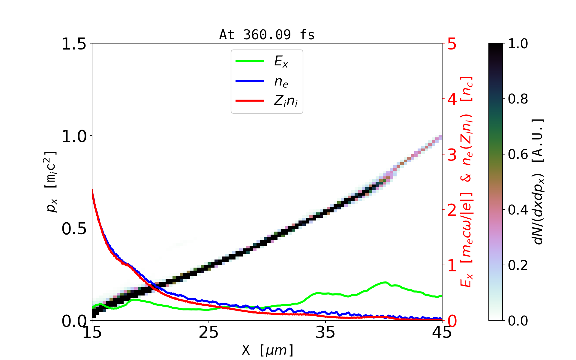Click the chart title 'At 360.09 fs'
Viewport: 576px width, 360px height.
pos(267,35)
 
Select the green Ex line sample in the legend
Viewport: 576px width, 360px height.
pos(250,61)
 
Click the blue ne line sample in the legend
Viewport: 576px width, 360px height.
pos(250,81)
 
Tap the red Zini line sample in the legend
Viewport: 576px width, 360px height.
pos(250,101)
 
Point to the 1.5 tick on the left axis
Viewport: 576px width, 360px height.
pos(73,44)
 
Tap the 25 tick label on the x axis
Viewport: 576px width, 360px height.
pos(208,332)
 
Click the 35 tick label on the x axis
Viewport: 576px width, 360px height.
pos(325,332)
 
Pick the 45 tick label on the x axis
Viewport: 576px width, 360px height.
pos(442,332)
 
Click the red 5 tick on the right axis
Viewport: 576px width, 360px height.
pos(452,44)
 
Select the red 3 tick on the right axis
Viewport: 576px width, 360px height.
pos(452,154)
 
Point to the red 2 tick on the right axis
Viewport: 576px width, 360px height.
pos(452,210)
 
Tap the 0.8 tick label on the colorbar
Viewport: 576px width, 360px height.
pos(518,99)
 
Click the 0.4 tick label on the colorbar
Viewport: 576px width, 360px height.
pos(518,210)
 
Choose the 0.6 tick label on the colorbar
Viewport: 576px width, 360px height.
pos(518,154)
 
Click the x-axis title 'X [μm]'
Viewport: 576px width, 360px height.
pos(267,350)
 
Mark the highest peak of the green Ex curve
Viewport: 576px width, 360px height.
pos(384,282)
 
